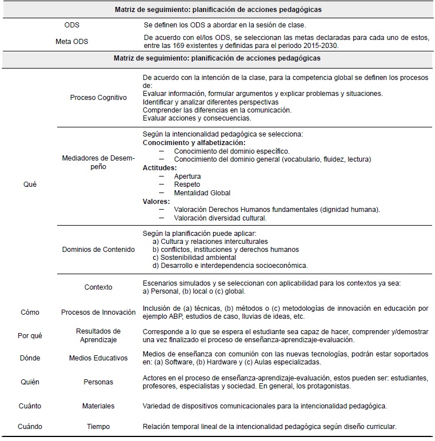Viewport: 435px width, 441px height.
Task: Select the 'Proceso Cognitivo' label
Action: pos(98,98)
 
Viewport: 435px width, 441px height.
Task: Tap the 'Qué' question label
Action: pos(30,185)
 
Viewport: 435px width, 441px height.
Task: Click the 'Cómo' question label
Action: pos(30,312)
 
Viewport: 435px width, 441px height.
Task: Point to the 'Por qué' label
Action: pos(30,335)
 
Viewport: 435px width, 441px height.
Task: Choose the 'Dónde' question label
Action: pos(30,359)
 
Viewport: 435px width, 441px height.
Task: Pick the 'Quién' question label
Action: pos(30,382)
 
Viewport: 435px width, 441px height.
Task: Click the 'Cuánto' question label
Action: pos(30,406)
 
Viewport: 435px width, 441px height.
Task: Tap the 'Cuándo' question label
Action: pos(30,427)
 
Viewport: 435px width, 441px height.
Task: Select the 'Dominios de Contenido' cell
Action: pos(98,249)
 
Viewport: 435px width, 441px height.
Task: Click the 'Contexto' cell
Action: pos(98,287)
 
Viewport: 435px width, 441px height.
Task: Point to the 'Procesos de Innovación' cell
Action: pos(98,312)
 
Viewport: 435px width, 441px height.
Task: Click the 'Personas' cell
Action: pos(98,382)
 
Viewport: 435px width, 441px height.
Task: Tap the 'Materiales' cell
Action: pos(98,406)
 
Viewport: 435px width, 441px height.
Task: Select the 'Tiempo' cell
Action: pos(98,427)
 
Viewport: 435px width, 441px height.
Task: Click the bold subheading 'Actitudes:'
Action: pos(159,168)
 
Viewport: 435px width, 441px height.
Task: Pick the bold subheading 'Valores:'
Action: pos(157,201)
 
